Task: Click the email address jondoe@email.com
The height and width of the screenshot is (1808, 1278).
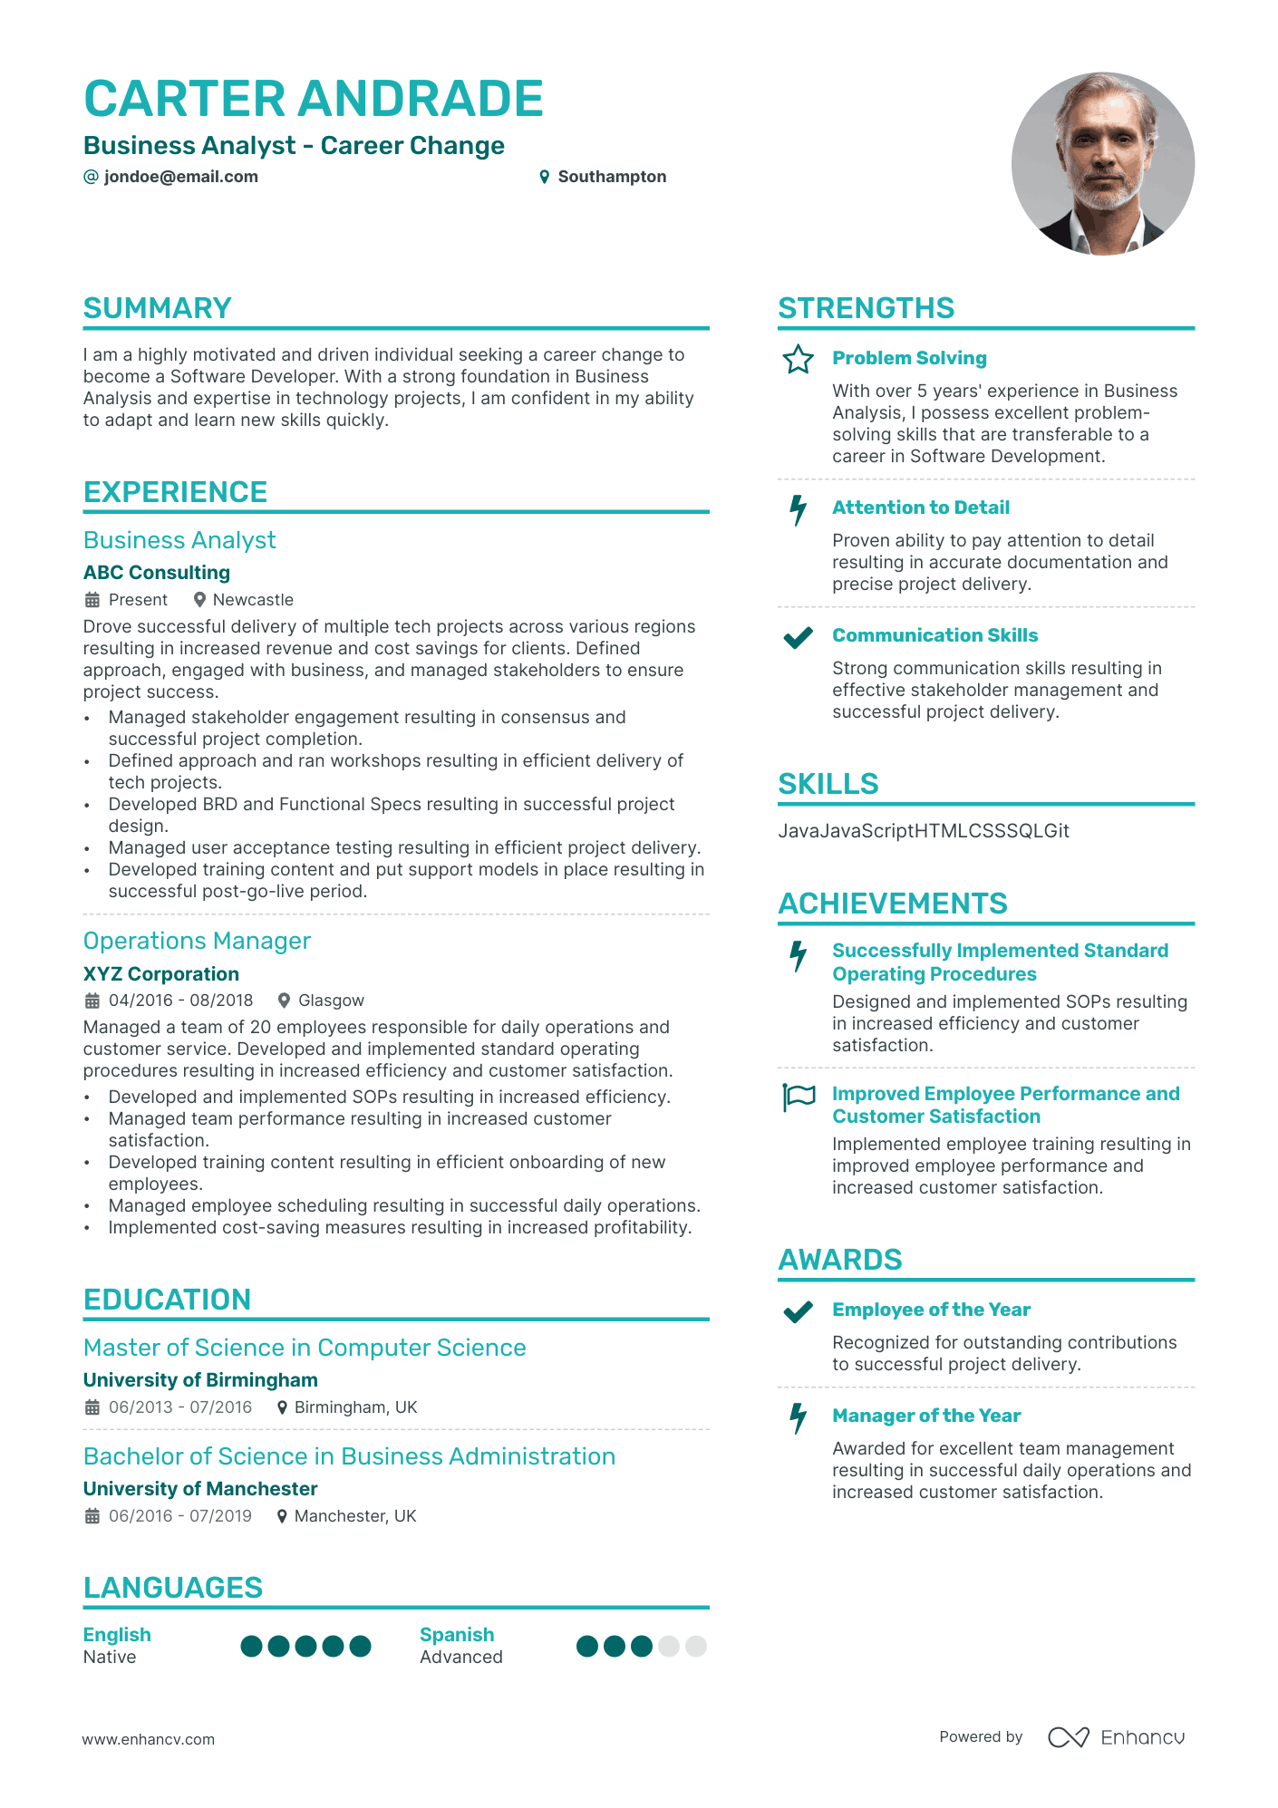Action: (180, 177)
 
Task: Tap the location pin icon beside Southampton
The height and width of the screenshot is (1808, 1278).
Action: (544, 177)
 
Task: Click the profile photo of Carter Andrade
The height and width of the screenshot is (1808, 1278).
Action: (1102, 164)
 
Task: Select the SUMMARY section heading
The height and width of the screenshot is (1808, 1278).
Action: (158, 308)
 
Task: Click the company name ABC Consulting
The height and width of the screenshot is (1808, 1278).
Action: (157, 573)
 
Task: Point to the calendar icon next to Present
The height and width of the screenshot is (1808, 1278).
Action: (92, 600)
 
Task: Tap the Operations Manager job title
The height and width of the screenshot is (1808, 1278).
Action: (197, 941)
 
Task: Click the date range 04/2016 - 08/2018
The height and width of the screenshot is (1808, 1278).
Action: (180, 1001)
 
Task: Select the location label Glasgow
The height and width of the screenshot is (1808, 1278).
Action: (331, 1001)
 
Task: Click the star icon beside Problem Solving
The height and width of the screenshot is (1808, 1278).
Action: (798, 359)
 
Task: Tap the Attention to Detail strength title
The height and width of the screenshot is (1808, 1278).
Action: (921, 508)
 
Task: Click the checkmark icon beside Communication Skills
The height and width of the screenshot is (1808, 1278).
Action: (798, 637)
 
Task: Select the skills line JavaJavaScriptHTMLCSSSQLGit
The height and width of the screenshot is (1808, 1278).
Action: (924, 831)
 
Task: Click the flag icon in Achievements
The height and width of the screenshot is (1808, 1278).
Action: (799, 1097)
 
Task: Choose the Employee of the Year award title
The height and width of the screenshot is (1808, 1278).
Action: (931, 1310)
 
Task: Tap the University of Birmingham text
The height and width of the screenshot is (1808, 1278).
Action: (200, 1380)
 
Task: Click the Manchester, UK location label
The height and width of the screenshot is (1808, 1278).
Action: (355, 1516)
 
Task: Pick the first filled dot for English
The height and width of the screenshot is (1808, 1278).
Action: (252, 1646)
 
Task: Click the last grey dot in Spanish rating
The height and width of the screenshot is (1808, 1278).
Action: (696, 1646)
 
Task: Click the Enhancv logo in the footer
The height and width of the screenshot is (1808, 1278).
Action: (1116, 1737)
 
